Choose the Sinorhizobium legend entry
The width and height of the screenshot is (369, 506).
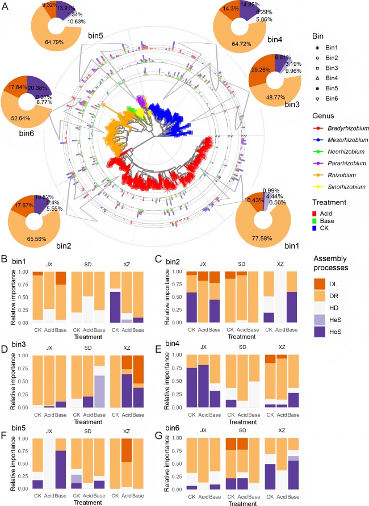tap(339, 186)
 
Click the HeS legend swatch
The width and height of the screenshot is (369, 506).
tap(322, 328)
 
